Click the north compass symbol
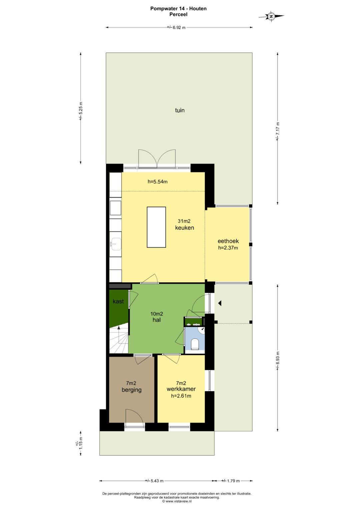pyautogui.click(x=271, y=16)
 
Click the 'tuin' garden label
pyautogui.click(x=180, y=110)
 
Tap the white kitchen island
pyautogui.click(x=156, y=227)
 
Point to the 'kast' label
pyautogui.click(x=118, y=302)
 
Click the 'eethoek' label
pyautogui.click(x=228, y=241)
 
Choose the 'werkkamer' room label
pyautogui.click(x=181, y=389)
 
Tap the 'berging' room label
pyautogui.click(x=132, y=390)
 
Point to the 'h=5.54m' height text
pyautogui.click(x=157, y=182)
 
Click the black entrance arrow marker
pyautogui.click(x=220, y=303)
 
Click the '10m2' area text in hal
pyautogui.click(x=157, y=314)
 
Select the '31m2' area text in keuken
pyautogui.click(x=184, y=221)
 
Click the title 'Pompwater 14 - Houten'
pyautogui.click(x=178, y=9)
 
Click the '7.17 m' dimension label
pyautogui.click(x=277, y=131)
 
